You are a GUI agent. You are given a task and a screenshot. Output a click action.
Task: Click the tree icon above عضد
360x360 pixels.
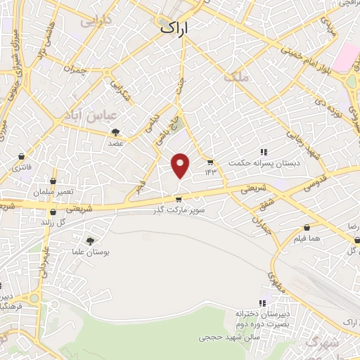[x=115, y=131]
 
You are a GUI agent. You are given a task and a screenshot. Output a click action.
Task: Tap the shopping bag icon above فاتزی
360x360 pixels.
[x=23, y=156]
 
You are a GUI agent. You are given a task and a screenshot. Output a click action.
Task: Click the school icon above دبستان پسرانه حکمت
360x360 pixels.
[x=263, y=152]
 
